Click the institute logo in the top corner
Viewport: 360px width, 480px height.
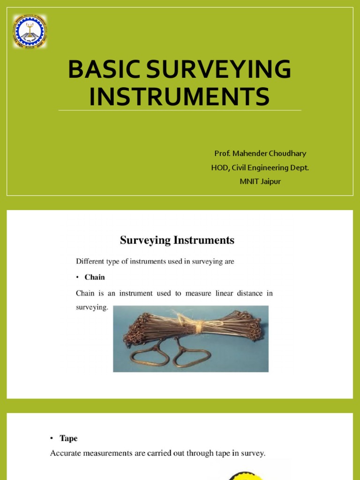coord(30,31)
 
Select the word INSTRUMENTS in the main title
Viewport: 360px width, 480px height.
coord(180,96)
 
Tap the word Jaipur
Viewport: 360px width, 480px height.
coord(270,181)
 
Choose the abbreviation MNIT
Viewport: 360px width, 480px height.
coord(249,181)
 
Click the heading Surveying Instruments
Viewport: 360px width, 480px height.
coord(177,240)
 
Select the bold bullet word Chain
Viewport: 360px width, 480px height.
coord(95,277)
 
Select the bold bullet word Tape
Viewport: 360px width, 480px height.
coord(68,438)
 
